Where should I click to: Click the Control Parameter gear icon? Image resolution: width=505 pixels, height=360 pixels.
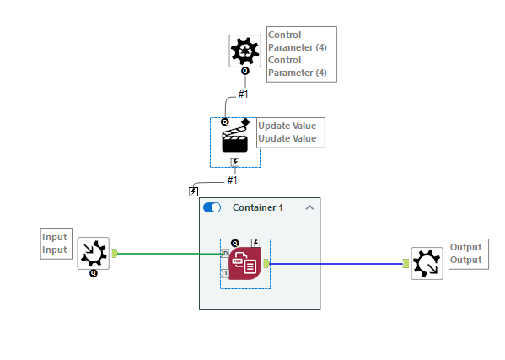coord(245,51)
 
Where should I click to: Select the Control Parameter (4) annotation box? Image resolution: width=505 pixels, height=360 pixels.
coord(301,54)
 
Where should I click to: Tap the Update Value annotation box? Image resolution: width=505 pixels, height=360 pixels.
coord(291,132)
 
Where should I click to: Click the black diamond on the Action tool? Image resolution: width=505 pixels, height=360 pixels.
coord(245,122)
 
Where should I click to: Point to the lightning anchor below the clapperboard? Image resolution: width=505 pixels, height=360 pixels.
coord(235,162)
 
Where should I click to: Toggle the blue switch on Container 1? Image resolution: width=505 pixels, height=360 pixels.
coord(212,207)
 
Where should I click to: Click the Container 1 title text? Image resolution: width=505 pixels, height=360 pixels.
coord(257,207)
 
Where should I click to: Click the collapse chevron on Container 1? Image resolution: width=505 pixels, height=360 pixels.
coord(309,207)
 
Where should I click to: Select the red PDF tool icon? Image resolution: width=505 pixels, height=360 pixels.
coord(245,263)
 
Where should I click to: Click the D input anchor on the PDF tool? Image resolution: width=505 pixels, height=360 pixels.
coord(224,253)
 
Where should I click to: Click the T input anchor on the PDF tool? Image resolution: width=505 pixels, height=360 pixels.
coord(224,273)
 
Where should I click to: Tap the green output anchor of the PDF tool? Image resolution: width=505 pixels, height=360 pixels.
coord(266,263)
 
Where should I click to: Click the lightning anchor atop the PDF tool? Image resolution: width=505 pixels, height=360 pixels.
coord(255,243)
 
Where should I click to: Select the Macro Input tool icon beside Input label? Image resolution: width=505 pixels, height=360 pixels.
coord(93,252)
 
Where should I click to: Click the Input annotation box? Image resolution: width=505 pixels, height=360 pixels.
coord(55,244)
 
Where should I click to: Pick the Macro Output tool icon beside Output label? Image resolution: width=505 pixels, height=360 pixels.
coord(427,263)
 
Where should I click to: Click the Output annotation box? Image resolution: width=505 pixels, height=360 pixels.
coord(466,254)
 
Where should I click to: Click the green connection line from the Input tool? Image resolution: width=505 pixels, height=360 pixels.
coord(169,253)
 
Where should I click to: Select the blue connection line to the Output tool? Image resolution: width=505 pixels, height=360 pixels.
coord(337,264)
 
